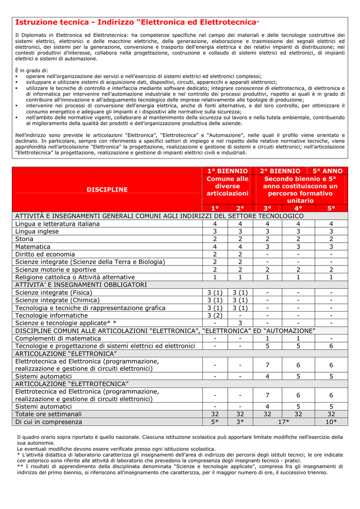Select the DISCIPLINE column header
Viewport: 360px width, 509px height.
pyautogui.click(x=107, y=189)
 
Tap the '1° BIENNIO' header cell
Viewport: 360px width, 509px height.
pyautogui.click(x=227, y=170)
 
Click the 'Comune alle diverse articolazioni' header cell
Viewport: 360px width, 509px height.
pyautogui.click(x=227, y=185)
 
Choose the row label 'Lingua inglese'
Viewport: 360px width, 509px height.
pyautogui.click(x=37, y=231)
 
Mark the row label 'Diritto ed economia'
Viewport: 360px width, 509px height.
pyautogui.click(x=45, y=254)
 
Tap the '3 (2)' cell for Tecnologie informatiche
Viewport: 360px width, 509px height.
pyautogui.click(x=215, y=315)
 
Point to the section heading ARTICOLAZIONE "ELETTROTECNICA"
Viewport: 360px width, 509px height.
pyautogui.click(x=72, y=384)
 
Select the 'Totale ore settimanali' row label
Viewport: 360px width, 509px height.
pyautogui.click(x=48, y=414)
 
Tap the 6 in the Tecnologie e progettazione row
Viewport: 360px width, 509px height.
pyautogui.click(x=331, y=346)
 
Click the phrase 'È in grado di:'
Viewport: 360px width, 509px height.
pyautogui.click(x=31, y=71)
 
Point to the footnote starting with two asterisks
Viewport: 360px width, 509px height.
pyautogui.click(x=180, y=469)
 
